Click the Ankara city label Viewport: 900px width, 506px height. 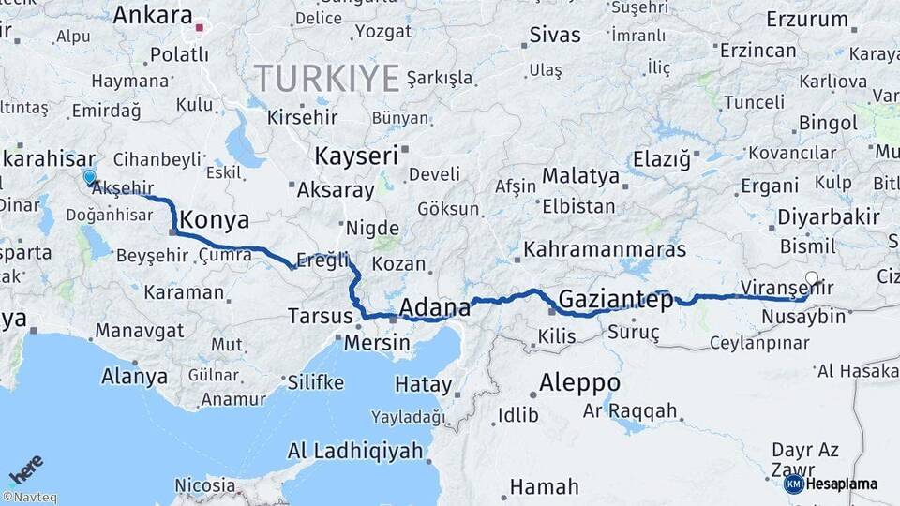point(152,15)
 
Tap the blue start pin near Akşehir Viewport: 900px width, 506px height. point(89,176)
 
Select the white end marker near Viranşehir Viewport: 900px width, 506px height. point(812,277)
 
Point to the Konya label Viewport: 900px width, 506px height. point(214,220)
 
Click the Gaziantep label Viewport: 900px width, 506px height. point(615,301)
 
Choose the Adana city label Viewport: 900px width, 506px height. point(434,307)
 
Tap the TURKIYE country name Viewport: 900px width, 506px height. point(327,78)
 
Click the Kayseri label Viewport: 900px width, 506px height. point(356,156)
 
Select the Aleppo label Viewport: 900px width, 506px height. point(579,382)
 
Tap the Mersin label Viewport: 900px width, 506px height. point(376,343)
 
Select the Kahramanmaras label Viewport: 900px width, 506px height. point(605,250)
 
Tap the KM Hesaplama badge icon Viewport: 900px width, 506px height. point(793,484)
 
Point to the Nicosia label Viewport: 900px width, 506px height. point(205,485)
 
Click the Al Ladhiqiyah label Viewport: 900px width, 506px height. point(355,452)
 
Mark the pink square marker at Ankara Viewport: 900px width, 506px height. point(199,27)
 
